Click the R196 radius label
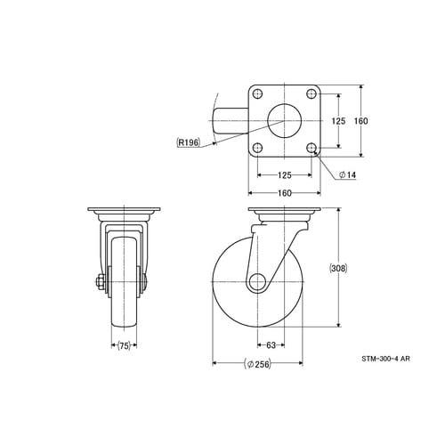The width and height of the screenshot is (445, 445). (188, 142)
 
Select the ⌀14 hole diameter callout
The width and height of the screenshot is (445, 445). (347, 175)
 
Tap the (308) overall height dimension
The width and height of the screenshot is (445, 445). (338, 268)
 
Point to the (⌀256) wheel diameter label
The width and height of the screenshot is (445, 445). (257, 364)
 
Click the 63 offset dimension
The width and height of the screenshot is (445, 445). (271, 345)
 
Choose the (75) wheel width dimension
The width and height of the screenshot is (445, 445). (125, 345)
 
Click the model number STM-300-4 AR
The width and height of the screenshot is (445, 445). (385, 359)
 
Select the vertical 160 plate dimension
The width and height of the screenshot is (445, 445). (361, 121)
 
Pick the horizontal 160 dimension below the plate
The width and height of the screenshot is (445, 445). (285, 193)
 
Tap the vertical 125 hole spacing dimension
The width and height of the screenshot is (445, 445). (338, 121)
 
